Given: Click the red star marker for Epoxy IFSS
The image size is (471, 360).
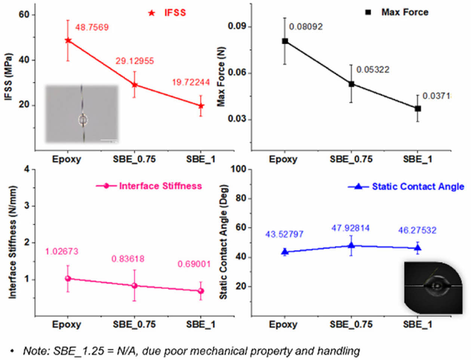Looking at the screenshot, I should (x=68, y=40).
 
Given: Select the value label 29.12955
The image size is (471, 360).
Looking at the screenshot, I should (x=135, y=61).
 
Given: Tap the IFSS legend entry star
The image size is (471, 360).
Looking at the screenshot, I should (x=151, y=13).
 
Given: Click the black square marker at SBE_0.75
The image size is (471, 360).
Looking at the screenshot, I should (x=351, y=84).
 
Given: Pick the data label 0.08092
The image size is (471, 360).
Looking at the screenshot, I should (x=306, y=27).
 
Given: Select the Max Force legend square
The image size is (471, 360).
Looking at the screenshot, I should (x=368, y=12).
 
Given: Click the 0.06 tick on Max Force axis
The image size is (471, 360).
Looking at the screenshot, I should (x=237, y=73).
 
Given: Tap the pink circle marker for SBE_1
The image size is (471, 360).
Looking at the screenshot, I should (x=201, y=291).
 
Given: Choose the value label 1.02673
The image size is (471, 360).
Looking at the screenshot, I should (x=62, y=252).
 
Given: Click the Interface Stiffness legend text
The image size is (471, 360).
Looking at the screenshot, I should (x=160, y=186).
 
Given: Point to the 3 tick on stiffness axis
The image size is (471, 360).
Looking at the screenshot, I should (x=27, y=206).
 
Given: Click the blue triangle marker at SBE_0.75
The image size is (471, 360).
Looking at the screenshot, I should (x=351, y=245).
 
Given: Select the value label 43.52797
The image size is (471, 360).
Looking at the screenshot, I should (x=284, y=234).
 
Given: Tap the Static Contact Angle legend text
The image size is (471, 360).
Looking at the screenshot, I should (x=418, y=187).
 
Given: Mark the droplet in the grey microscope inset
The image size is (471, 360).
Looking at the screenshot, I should (x=83, y=120).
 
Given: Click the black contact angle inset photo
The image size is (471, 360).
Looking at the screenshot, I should (x=433, y=287).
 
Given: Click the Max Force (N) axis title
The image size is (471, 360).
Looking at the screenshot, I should (x=222, y=79).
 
